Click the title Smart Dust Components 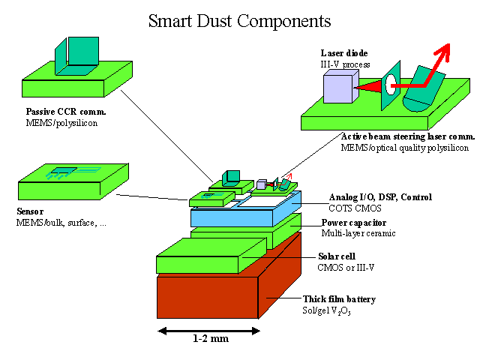click(239, 20)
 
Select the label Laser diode click(343, 54)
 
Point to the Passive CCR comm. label click(65, 112)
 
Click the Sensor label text click(30, 211)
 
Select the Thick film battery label click(339, 299)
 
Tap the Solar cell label click(335, 256)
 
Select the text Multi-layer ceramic click(358, 233)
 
